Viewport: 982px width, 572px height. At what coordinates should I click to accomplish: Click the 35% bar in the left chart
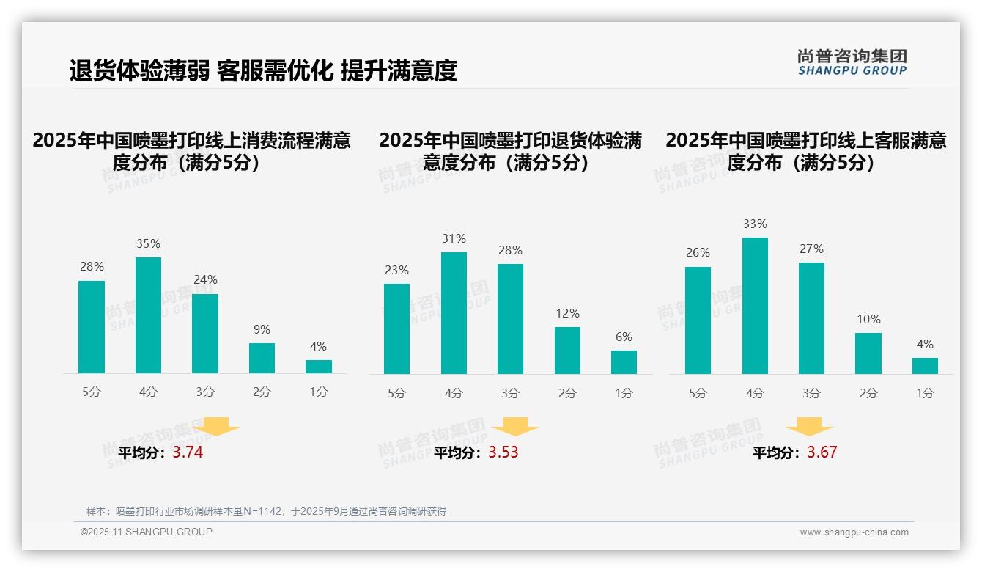point(148,315)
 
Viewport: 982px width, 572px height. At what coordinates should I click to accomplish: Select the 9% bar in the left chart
point(262,359)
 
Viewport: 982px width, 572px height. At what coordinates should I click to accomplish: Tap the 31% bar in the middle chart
point(454,313)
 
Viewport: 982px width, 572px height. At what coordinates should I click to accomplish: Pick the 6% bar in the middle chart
point(624,362)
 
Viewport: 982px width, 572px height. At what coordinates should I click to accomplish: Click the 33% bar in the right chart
point(755,306)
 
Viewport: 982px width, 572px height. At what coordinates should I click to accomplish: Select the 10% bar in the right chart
point(868,353)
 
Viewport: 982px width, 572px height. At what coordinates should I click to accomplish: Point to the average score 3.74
point(188,452)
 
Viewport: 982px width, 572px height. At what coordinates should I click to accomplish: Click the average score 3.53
point(503,452)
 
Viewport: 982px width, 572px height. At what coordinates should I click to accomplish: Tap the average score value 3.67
point(822,452)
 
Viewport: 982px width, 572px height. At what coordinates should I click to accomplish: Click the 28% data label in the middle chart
point(510,251)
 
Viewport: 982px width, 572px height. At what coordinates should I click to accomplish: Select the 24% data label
point(205,280)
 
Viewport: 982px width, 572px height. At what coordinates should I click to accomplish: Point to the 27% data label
point(811,249)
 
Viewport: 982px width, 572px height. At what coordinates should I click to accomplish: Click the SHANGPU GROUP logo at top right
point(852,62)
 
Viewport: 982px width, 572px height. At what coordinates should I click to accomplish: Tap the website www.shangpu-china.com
point(854,532)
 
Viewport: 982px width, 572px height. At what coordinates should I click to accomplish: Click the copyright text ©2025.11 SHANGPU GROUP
point(147,532)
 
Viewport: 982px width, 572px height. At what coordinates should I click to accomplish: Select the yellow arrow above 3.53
point(515,427)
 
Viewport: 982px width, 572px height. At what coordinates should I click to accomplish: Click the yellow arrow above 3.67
point(809,427)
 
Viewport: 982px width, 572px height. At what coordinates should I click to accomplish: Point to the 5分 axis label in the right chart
point(698,394)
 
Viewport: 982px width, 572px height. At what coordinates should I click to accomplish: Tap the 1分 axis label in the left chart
point(319,392)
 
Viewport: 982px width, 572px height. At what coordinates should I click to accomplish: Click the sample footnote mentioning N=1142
point(266,511)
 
